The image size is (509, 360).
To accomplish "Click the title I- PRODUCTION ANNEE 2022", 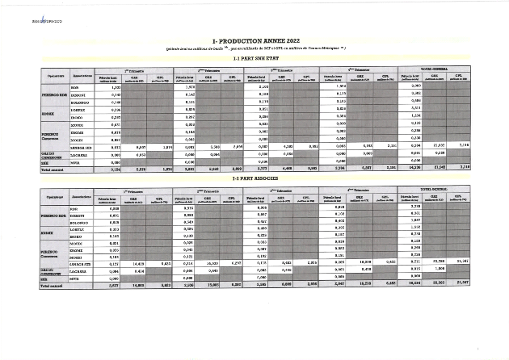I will (254, 39).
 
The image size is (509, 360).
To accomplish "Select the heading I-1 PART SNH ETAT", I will (254, 59).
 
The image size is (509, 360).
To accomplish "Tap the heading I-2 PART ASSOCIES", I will (254, 178).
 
